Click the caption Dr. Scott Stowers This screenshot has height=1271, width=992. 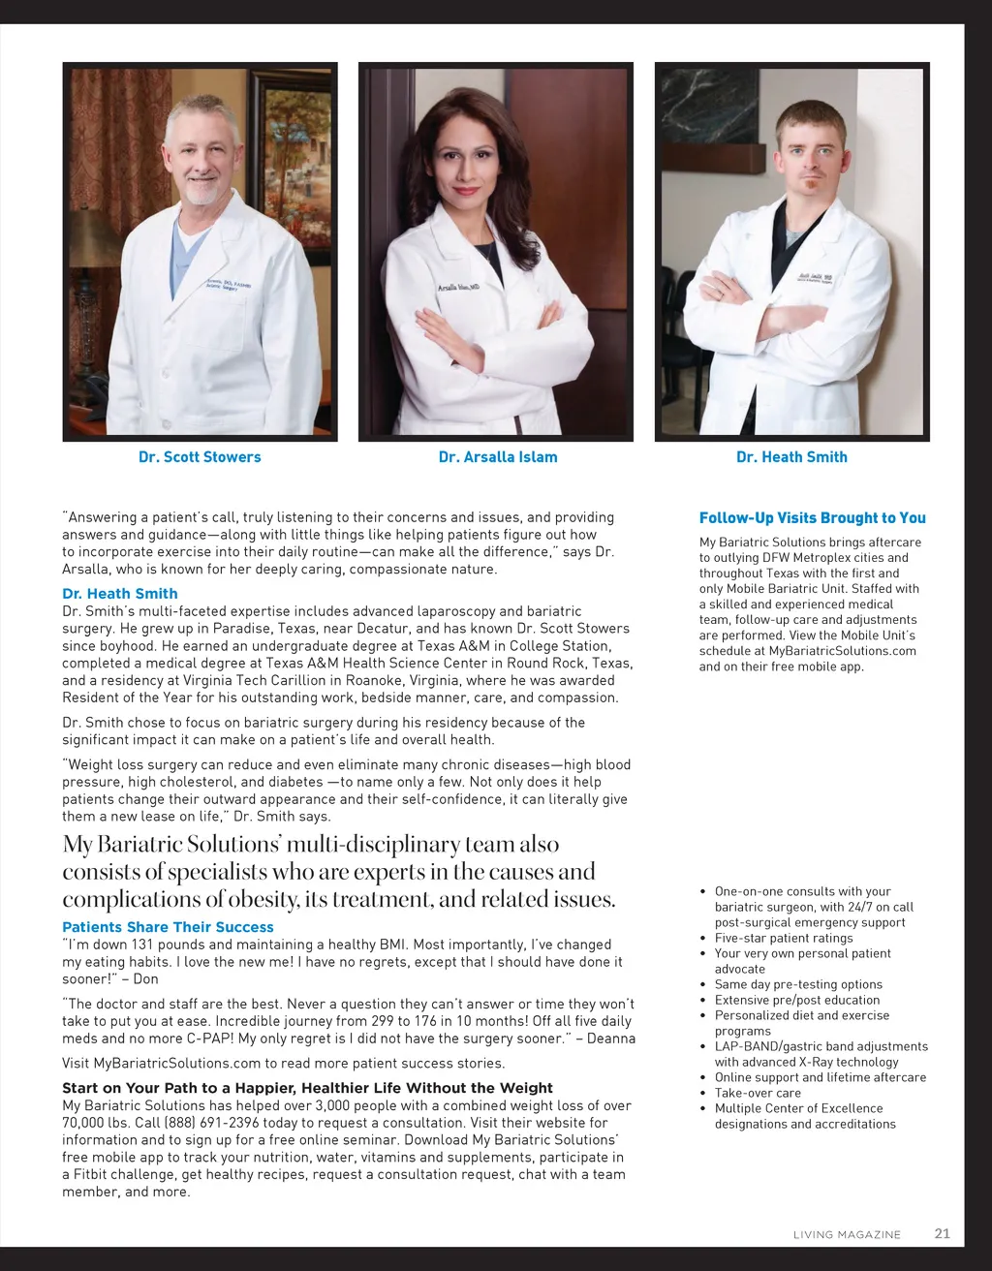[x=200, y=457]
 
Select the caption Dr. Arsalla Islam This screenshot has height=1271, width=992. [x=498, y=457]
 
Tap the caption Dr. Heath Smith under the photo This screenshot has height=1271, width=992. [x=791, y=457]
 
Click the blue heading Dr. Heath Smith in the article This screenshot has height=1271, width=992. [x=120, y=594]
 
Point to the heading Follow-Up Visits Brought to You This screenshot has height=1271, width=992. [x=812, y=518]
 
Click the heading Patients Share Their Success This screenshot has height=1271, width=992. [x=168, y=927]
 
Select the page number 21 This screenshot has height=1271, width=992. [x=942, y=1233]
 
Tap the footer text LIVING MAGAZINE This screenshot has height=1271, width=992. [x=847, y=1234]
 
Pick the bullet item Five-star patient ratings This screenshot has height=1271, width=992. [x=784, y=938]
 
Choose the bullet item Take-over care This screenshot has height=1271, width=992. [x=758, y=1093]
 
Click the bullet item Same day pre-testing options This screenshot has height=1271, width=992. [x=798, y=984]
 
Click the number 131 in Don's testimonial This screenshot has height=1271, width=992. [x=142, y=945]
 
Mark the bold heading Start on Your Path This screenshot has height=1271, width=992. [x=307, y=1088]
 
